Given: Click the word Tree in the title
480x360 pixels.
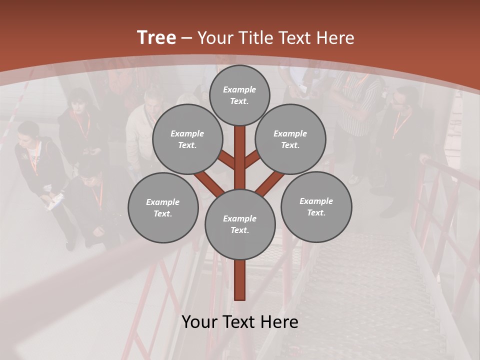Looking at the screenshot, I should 156,38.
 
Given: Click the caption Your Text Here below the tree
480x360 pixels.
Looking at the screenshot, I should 240,322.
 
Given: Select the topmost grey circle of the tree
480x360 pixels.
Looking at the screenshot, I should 239,95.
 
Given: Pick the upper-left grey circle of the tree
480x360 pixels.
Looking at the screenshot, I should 187,139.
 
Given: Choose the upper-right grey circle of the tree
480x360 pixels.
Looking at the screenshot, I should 290,139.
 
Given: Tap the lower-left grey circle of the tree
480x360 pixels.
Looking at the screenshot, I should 163,207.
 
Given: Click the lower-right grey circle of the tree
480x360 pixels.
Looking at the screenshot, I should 316,206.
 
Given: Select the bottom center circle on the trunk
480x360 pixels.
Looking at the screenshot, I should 240,224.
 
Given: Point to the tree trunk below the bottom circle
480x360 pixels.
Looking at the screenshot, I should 240,280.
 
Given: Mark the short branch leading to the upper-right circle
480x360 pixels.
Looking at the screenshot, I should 252,160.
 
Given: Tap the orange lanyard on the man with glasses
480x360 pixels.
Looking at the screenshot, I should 400,125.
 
